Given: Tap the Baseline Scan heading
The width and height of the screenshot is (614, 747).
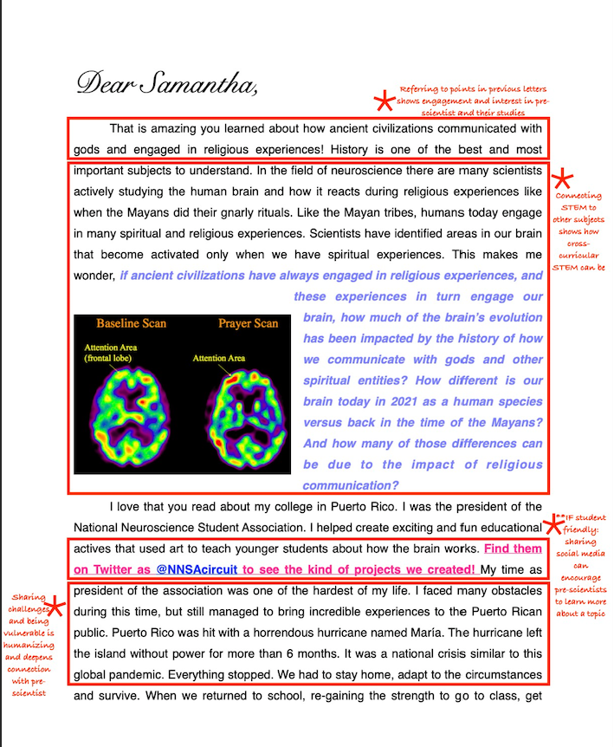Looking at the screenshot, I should tap(131, 323).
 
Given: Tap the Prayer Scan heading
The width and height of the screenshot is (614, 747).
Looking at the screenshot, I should tap(248, 323).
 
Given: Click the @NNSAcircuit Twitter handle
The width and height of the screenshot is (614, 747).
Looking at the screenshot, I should tap(197, 569).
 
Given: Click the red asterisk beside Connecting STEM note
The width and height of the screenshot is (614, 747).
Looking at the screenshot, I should tap(563, 180).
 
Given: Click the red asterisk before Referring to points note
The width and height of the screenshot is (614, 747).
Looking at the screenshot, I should tap(383, 102).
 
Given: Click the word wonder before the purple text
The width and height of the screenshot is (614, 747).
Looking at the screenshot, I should tap(94, 276).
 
